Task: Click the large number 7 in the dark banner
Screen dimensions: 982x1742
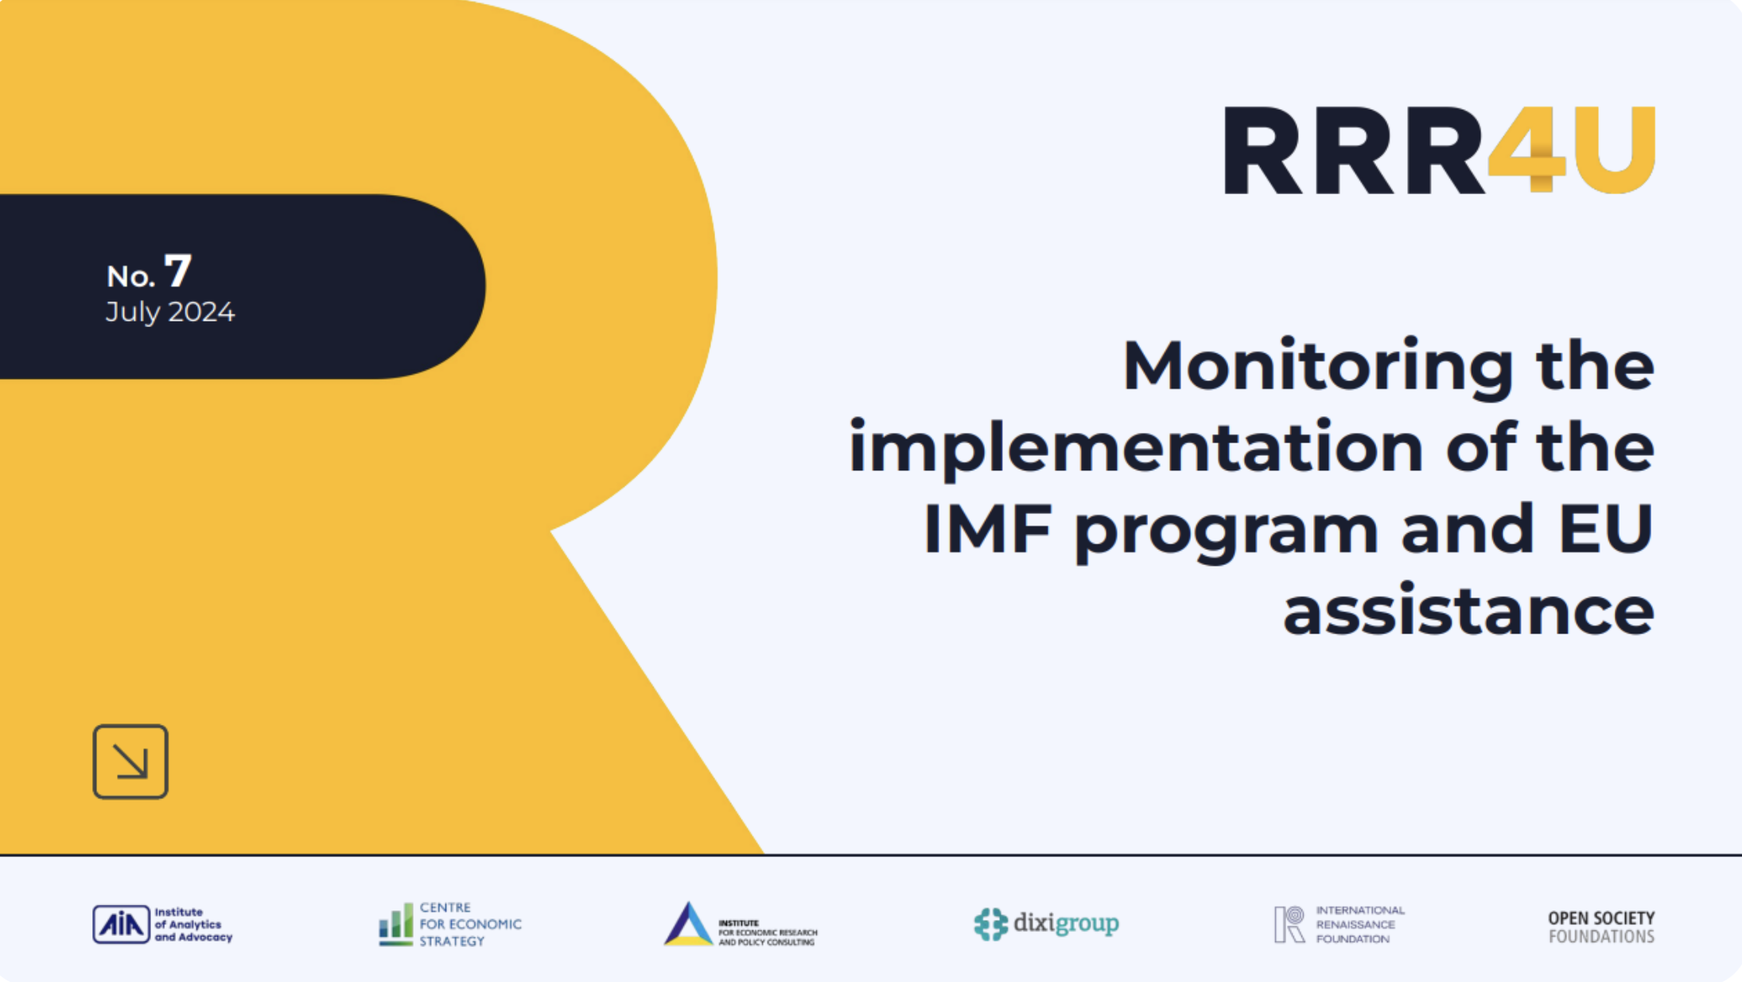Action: coord(178,271)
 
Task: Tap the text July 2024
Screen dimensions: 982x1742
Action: coord(170,312)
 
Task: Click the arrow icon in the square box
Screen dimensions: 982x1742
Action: coord(130,762)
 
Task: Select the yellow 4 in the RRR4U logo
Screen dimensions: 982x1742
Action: coord(1526,150)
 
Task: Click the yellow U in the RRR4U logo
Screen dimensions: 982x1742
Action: coord(1615,150)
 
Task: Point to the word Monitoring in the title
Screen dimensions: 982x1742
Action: coord(1317,366)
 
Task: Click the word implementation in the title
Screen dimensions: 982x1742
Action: coord(1135,448)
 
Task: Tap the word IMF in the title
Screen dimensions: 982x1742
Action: coord(987,530)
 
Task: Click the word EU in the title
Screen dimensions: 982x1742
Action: coord(1606,528)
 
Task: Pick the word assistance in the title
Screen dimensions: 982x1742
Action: coord(1468,611)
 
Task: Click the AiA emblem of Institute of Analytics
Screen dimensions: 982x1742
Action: coord(121,925)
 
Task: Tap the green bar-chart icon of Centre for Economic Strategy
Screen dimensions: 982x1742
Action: coord(395,925)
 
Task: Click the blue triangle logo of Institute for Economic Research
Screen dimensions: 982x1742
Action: coord(687,925)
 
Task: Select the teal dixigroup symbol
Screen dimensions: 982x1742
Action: coord(990,925)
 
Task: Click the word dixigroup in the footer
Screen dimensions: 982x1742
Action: coord(1066,924)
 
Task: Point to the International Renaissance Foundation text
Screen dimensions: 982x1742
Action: coord(1359,925)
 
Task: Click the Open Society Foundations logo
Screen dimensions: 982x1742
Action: coord(1600,927)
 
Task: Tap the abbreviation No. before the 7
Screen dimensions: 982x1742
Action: coord(130,277)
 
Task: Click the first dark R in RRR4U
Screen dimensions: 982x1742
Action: coord(1263,150)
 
